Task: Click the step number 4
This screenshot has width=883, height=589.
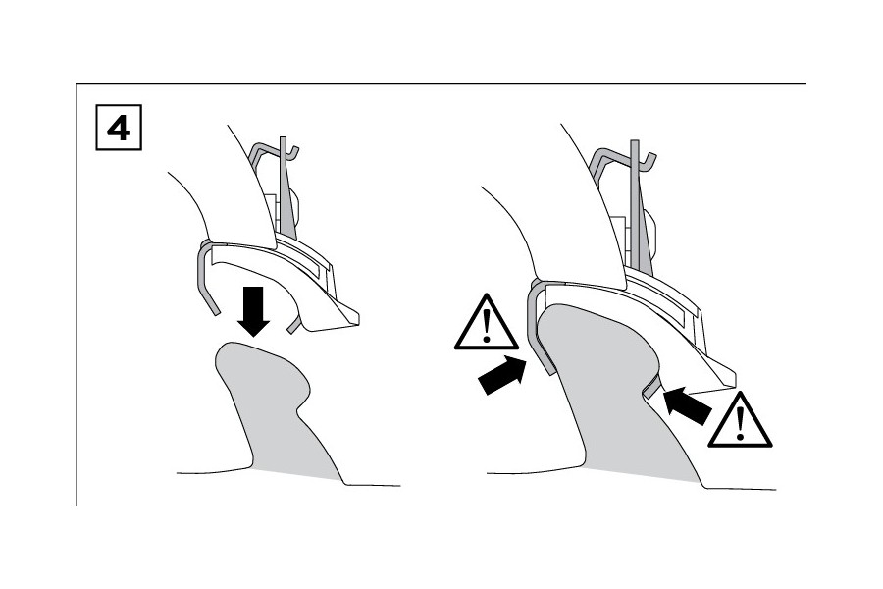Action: (119, 128)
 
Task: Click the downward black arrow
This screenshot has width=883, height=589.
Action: (253, 311)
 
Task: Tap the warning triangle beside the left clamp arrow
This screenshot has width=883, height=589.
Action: (486, 322)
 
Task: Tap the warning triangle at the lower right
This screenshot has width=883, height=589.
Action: (740, 420)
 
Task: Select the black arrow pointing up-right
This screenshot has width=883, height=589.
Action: (501, 375)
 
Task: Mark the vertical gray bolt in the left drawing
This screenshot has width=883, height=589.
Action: (284, 186)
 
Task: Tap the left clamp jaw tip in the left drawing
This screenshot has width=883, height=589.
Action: (212, 309)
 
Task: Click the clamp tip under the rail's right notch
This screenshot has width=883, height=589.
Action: (653, 388)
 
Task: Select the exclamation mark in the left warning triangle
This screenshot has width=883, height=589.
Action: (487, 326)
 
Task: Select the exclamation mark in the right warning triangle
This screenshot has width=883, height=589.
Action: (740, 424)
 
